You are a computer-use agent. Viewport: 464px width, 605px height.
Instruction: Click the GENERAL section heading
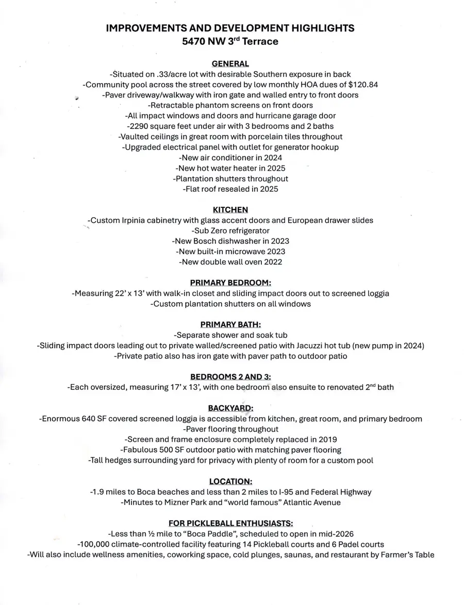click(x=230, y=63)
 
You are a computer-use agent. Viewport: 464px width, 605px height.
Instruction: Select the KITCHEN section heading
click(x=230, y=210)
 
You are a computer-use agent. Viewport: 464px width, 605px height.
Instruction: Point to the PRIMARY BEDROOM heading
click(x=230, y=283)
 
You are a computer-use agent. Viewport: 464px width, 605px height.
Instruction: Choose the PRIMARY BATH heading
click(x=230, y=325)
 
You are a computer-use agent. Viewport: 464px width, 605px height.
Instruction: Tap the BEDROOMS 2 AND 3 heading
click(x=230, y=377)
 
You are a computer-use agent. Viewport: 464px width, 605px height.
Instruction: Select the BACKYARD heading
click(x=230, y=408)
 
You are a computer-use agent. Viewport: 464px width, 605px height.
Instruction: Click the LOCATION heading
click(x=230, y=482)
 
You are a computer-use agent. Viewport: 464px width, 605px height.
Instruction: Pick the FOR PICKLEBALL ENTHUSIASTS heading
click(x=230, y=524)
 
